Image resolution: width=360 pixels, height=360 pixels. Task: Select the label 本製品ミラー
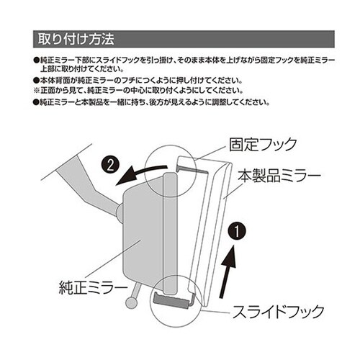point(281,174)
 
